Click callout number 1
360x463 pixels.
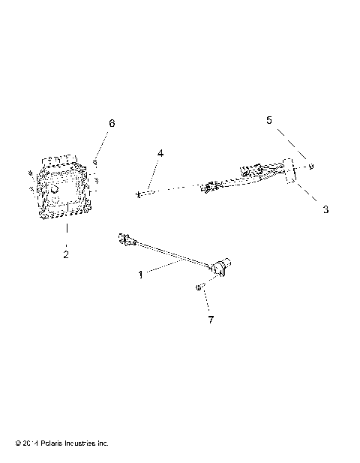[140, 275]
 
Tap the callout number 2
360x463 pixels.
[66, 254]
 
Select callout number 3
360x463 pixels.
[325, 209]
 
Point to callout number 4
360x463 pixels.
[160, 153]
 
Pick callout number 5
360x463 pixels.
[268, 120]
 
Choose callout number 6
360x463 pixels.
[112, 123]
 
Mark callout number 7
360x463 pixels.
[211, 320]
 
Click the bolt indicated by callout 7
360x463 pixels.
[199, 287]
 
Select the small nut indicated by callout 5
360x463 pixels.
[310, 167]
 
